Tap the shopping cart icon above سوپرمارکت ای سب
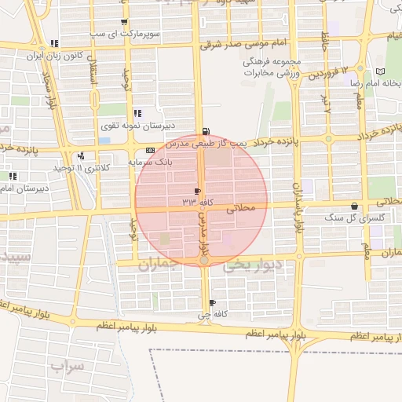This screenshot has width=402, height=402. [x=124, y=22]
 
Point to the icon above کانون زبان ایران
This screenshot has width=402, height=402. [x=53, y=43]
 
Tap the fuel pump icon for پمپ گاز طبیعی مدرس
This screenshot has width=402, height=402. [x=206, y=132]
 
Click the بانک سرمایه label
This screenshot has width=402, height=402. [x=149, y=162]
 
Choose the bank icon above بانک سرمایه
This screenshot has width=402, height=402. [x=149, y=151]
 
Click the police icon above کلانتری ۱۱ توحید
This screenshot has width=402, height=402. [x=81, y=155]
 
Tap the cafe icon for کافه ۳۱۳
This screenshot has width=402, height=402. [x=197, y=192]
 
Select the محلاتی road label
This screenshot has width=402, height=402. [x=241, y=210]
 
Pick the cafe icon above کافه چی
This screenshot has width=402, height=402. [x=212, y=303]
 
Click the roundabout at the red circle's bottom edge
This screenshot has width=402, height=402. [x=203, y=259]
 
